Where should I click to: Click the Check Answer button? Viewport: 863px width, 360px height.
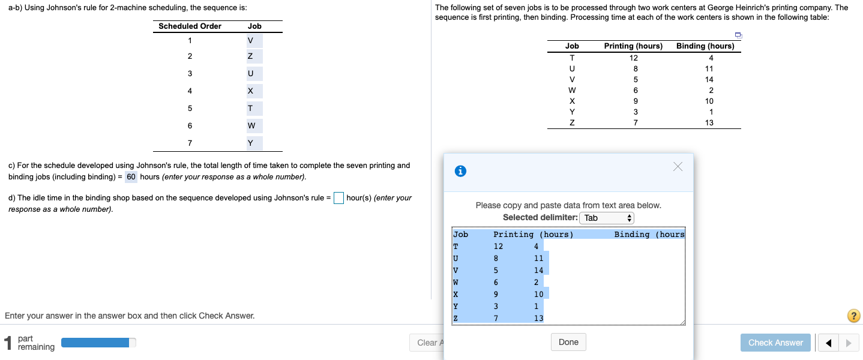click(x=775, y=343)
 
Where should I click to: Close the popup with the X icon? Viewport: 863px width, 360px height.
click(x=678, y=167)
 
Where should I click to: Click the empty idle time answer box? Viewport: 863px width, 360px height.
click(x=338, y=198)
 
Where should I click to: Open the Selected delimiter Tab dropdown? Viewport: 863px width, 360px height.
click(x=607, y=218)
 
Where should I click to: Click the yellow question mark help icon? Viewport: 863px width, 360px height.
click(x=853, y=316)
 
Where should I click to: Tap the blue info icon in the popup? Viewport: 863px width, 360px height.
click(x=460, y=171)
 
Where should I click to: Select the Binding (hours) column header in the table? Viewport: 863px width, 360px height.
click(x=705, y=46)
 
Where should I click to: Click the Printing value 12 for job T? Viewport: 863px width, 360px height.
click(x=634, y=58)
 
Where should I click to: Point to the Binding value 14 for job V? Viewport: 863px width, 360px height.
click(x=709, y=80)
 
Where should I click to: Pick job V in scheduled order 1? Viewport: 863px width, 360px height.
click(x=251, y=41)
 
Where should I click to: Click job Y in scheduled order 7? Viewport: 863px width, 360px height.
click(x=251, y=143)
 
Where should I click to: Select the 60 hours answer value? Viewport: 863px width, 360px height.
click(x=131, y=177)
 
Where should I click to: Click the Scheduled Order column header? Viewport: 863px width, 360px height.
click(x=190, y=26)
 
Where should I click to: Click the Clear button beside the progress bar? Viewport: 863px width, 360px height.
click(x=427, y=343)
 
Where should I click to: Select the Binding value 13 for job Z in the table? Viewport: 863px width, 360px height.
click(x=709, y=123)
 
